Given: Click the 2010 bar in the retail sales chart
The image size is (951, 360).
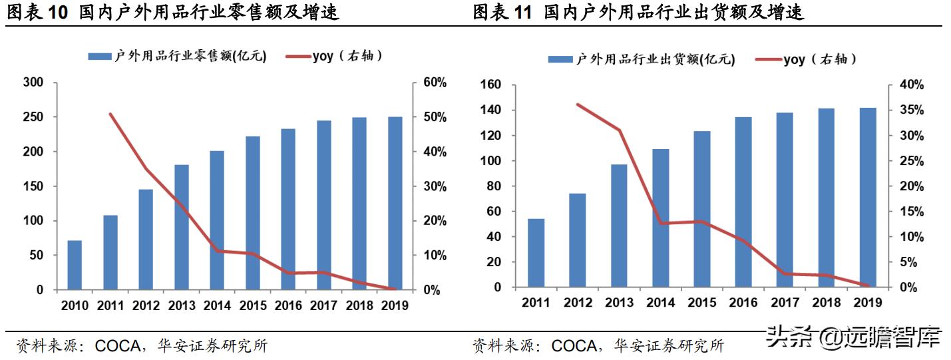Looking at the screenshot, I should click(75, 265).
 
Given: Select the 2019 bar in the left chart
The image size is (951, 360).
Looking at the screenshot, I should click(395, 203).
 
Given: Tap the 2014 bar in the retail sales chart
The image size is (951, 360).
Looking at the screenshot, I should click(217, 220).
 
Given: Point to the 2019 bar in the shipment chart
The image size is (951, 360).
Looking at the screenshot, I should click(867, 197).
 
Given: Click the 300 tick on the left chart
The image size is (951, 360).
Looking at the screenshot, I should click(33, 83).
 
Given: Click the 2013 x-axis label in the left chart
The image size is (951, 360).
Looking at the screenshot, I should click(182, 306).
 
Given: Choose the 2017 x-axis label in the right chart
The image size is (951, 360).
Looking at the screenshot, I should click(785, 303).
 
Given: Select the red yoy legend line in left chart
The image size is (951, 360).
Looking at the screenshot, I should click(297, 57).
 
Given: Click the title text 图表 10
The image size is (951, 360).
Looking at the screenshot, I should click(37, 12).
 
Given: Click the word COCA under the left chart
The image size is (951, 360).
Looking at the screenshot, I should click(118, 346).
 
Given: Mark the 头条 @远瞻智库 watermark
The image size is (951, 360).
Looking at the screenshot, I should click(853, 337).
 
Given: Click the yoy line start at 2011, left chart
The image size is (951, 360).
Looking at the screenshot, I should click(110, 114).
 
